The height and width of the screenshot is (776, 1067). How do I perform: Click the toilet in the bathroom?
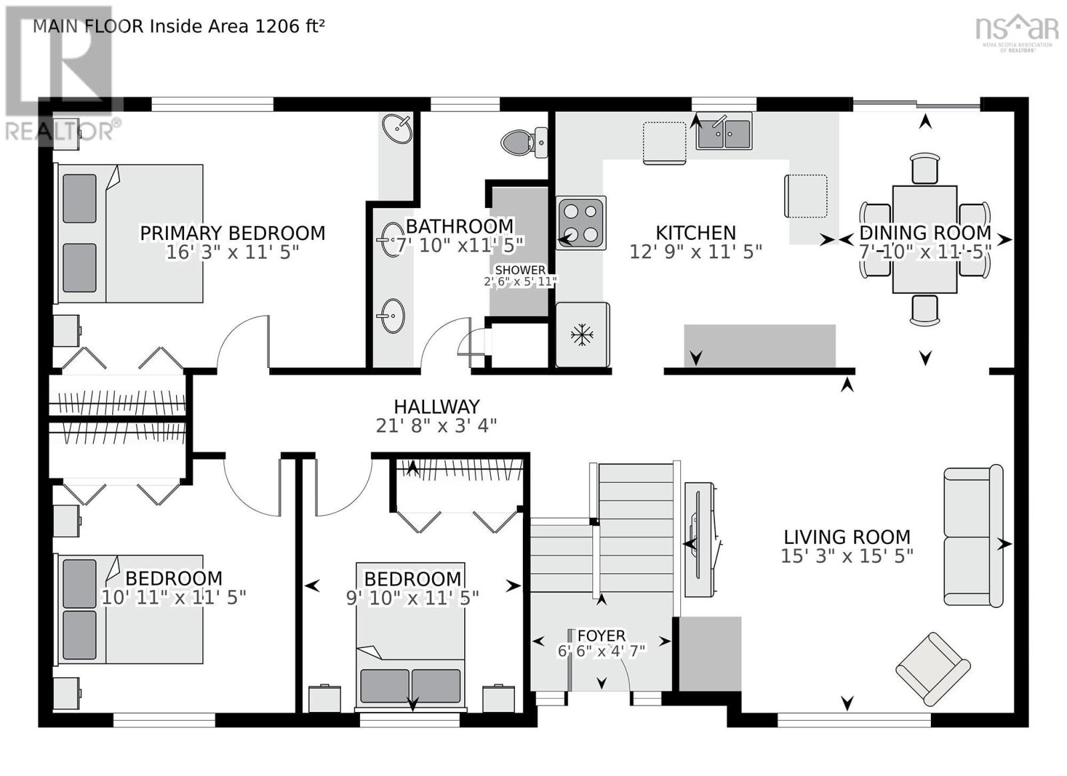[x=519, y=142]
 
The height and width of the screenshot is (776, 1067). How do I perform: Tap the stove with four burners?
[x=580, y=223]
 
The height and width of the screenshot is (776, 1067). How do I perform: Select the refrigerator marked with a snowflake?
[x=582, y=335]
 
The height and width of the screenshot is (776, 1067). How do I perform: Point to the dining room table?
[x=924, y=239]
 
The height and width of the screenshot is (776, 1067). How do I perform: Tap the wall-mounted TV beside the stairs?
[x=700, y=540]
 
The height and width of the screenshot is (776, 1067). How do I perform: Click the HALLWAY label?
[x=436, y=407]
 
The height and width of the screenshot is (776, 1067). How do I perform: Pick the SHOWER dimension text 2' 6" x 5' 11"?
[x=520, y=281]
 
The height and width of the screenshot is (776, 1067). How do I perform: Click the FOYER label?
[x=601, y=635]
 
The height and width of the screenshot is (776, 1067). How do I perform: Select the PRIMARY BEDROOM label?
[x=232, y=233]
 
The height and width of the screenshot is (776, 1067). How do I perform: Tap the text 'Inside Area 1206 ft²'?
[x=237, y=26]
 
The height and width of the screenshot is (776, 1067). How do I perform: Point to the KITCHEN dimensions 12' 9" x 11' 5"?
[x=696, y=252]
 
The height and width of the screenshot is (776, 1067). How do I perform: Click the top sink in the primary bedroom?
[x=397, y=129]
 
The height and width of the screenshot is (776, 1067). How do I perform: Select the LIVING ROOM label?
[x=846, y=537]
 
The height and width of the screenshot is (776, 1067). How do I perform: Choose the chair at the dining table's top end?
[x=924, y=168]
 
